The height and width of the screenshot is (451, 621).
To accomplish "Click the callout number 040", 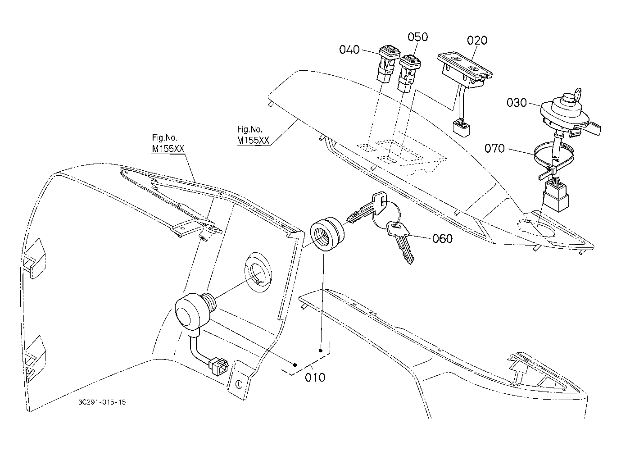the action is (x=349, y=50).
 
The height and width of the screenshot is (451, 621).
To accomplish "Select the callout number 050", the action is (x=418, y=37).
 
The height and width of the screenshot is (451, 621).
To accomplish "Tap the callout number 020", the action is (x=477, y=41).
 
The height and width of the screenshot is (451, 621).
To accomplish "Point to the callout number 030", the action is (x=517, y=103).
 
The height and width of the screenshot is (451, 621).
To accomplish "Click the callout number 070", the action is (x=494, y=148).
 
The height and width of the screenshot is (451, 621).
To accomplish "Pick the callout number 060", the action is (x=443, y=238).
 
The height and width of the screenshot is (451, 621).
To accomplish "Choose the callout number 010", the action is (x=315, y=377).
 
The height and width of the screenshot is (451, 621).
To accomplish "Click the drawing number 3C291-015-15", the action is (x=102, y=402).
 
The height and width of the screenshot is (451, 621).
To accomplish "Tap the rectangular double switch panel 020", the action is (x=465, y=69).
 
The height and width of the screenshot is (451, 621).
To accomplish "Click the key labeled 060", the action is (x=400, y=241).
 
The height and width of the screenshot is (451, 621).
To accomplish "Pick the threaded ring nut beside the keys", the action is (x=327, y=234).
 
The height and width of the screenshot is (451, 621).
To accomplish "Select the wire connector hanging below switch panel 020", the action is (x=461, y=128).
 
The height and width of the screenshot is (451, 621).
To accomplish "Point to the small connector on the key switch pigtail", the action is (x=219, y=366).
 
